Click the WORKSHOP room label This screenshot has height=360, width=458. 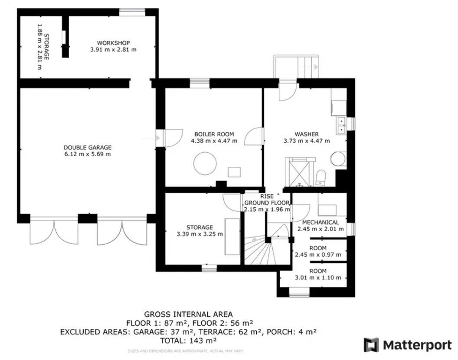[x=113, y=43]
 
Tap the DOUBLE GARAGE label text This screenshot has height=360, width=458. [x=87, y=147]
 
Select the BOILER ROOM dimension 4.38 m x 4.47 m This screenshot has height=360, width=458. [x=214, y=141]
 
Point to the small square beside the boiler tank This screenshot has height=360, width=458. [x=234, y=172]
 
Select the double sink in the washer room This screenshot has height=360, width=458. [x=341, y=124]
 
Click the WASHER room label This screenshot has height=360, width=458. [x=307, y=134]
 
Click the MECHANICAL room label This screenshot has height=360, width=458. [x=321, y=223]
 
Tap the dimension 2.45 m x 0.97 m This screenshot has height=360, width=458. [x=321, y=255]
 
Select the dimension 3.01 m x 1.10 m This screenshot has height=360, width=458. [x=318, y=278]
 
